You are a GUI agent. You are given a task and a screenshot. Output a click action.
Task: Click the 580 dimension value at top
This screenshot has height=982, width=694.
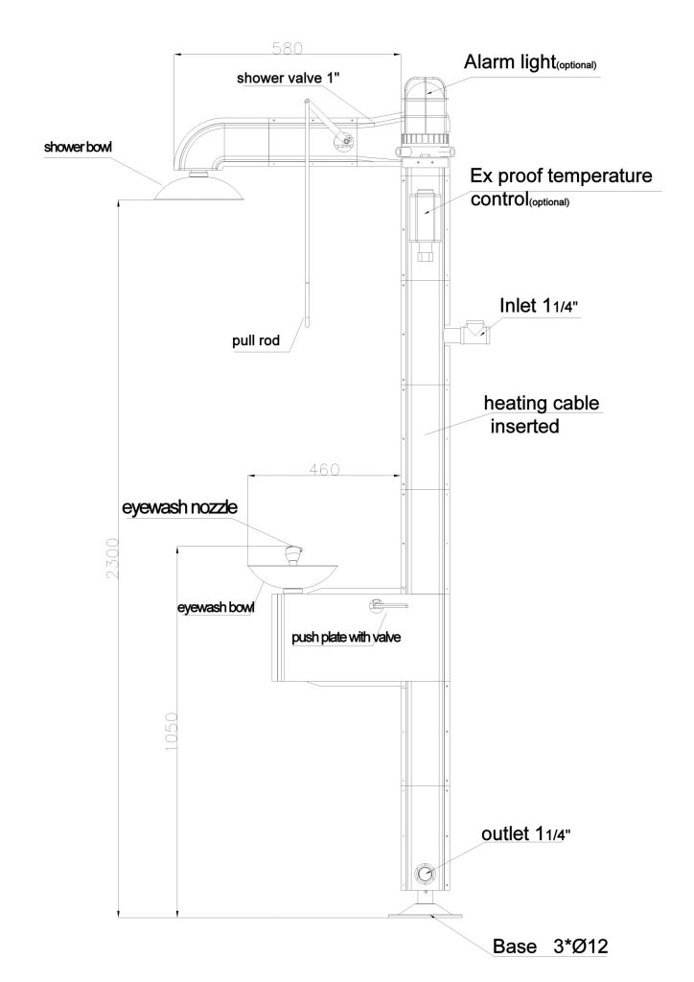[288, 48]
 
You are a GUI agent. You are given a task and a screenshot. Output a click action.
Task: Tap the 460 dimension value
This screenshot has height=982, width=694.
[324, 469]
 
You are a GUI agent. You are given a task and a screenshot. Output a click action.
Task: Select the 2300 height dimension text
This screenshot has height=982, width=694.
[113, 558]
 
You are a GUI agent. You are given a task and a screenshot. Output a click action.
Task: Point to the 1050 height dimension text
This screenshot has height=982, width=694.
[172, 732]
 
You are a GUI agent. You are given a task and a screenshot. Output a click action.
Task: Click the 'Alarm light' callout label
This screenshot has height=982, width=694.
[530, 62]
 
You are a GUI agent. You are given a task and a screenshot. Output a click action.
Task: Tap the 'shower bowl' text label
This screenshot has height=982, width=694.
[79, 147]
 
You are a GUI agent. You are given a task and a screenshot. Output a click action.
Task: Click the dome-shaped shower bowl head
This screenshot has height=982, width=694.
[198, 187]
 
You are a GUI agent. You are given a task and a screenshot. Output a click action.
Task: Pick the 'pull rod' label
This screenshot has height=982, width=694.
[255, 341]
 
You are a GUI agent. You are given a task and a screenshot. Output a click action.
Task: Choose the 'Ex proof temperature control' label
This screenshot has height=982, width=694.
[561, 187]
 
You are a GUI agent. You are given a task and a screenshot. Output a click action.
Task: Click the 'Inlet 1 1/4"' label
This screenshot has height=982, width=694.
[539, 306]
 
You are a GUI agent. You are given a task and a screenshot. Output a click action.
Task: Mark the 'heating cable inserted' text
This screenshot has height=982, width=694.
[542, 414]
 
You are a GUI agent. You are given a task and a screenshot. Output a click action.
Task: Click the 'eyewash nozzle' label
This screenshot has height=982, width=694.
[179, 507]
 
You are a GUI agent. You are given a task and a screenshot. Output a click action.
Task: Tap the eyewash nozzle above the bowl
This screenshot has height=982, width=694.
[293, 555]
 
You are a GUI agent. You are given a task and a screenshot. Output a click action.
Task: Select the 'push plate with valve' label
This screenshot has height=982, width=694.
[346, 638]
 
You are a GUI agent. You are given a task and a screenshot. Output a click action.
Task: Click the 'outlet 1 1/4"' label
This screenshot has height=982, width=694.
[525, 834]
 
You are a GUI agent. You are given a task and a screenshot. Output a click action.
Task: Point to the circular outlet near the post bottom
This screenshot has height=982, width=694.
[425, 874]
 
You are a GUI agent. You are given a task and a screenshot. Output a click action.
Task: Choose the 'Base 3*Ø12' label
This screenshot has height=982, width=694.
[550, 946]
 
